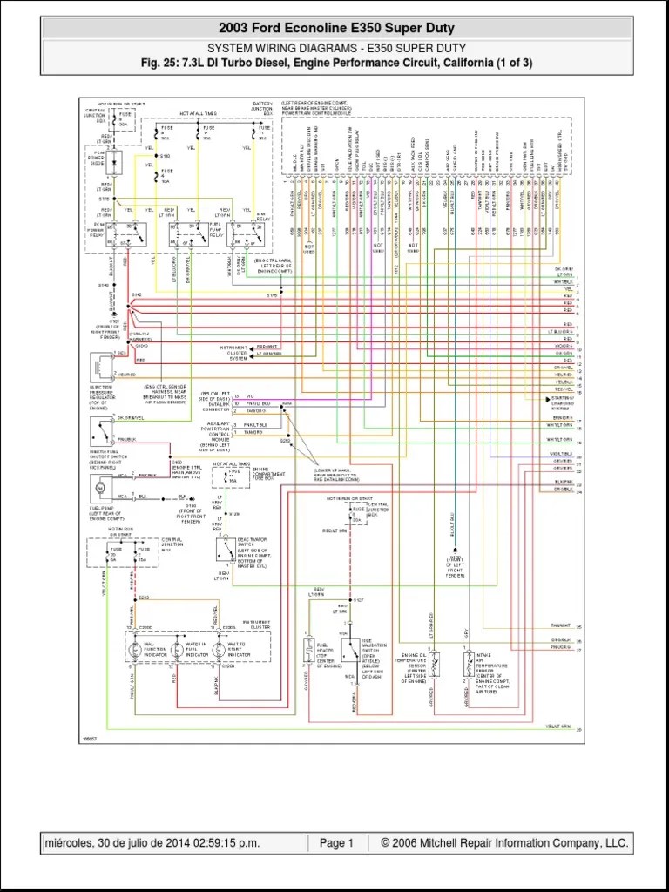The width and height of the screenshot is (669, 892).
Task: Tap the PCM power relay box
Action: coord(127,235)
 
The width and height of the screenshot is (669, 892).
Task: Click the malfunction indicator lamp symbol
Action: coord(136,649)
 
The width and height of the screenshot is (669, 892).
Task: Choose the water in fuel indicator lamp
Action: coord(178,649)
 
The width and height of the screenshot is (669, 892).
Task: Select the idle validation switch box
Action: coord(351,651)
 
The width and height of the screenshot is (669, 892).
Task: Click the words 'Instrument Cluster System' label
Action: coord(233,352)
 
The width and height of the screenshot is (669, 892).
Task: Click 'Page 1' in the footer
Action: coord(336,843)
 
